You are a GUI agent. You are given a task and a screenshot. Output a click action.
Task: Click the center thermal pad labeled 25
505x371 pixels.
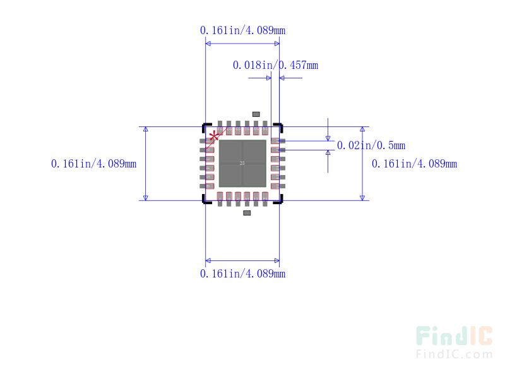click(242, 163)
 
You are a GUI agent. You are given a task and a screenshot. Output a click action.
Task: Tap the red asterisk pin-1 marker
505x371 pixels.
click(215, 136)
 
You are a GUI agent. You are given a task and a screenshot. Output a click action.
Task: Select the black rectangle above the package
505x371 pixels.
click(256, 114)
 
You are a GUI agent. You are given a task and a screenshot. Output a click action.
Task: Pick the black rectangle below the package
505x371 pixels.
click(247, 212)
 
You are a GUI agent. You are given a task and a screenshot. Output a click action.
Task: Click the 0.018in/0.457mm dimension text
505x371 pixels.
click(275, 65)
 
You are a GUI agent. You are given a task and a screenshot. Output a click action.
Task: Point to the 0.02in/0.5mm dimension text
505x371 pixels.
click(371, 145)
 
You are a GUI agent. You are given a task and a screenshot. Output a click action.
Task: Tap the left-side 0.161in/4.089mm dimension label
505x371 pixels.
click(93, 164)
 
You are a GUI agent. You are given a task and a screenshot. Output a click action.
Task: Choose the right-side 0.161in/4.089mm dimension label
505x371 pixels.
click(414, 164)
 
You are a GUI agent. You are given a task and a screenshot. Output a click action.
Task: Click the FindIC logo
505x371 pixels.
click(454, 337)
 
